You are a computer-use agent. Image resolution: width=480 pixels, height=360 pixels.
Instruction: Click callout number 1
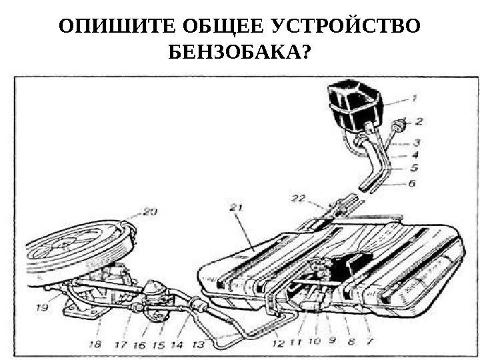coord(414,99)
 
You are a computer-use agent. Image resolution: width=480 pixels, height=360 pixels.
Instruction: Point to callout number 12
coord(278,344)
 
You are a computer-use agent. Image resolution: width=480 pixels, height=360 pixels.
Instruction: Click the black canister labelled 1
coord(353,107)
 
